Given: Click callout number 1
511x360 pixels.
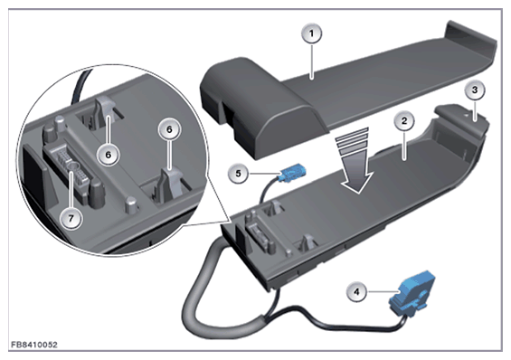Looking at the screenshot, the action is point(311,33).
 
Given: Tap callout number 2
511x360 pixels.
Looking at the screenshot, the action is point(404,121).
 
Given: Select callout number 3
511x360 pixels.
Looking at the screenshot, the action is point(475,90).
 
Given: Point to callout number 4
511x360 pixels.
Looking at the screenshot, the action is point(356,291).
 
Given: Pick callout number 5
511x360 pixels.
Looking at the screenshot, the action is point(238,174).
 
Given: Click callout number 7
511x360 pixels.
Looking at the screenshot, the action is point(71,218).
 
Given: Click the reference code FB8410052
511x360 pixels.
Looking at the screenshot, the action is point(34,345).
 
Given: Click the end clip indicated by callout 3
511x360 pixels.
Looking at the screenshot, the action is point(463,118).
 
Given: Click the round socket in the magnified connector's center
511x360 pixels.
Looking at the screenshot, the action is point(72,167).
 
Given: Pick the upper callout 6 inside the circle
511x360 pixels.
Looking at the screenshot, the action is point(109,155).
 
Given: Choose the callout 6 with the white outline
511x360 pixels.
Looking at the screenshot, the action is point(169,129).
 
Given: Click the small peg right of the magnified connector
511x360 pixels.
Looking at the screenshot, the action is point(132,204).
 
